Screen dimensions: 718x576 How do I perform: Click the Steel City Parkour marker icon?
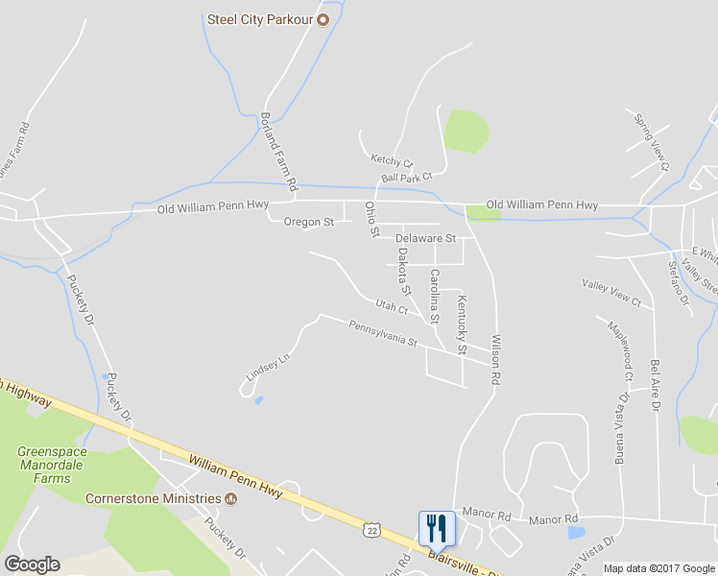pos(323,18)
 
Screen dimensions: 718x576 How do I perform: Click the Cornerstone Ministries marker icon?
pos(230,498)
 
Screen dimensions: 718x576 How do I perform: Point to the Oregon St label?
pos(308,222)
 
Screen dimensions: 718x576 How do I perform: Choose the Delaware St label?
pos(425,237)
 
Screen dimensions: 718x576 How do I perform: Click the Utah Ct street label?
pos(392,307)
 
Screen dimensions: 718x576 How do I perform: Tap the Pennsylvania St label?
pos(383,334)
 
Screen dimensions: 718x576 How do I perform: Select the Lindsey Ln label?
pos(268,368)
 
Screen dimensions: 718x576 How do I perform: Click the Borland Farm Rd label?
pos(278,149)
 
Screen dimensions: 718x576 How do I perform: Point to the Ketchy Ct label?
pos(391,160)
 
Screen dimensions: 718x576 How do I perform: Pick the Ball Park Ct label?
pos(407,177)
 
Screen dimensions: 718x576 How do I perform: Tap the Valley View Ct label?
pos(611,292)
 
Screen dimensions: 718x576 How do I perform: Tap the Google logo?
pos(32,564)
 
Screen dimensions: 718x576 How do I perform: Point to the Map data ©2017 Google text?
pos(658,568)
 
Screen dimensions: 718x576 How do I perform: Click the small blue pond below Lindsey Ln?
pos(259,400)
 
